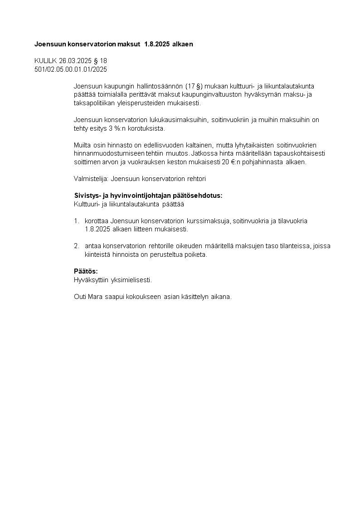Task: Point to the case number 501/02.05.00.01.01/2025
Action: coord(71,69)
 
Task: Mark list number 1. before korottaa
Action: coord(77,221)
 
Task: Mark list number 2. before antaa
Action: coord(77,246)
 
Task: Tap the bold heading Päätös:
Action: coord(86,271)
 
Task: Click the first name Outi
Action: coord(80,297)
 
